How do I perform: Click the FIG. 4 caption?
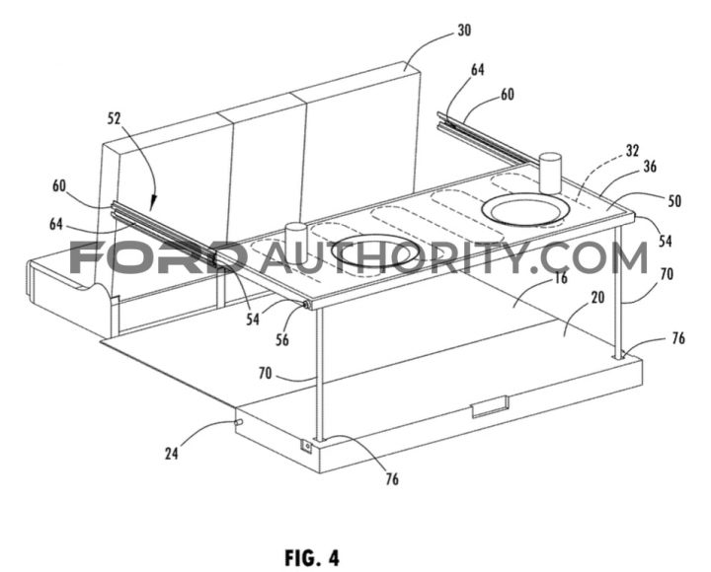point(312,557)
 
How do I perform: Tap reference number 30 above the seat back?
point(464,31)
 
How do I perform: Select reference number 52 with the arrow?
point(115,118)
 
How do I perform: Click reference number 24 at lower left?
point(172,454)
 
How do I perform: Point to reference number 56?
point(282,339)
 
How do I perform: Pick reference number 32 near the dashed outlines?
point(632,150)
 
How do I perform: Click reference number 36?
point(650,167)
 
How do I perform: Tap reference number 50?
point(674,200)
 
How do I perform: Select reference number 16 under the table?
point(561,277)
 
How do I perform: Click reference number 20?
point(598,297)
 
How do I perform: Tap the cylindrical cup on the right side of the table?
point(550,173)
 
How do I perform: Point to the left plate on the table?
point(376,250)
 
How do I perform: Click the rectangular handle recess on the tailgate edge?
point(490,405)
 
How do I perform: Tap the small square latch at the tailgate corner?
point(307,447)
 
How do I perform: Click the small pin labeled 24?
point(239,422)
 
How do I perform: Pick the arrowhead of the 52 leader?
point(152,206)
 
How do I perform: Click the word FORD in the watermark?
point(158,257)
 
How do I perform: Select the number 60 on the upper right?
point(507,95)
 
